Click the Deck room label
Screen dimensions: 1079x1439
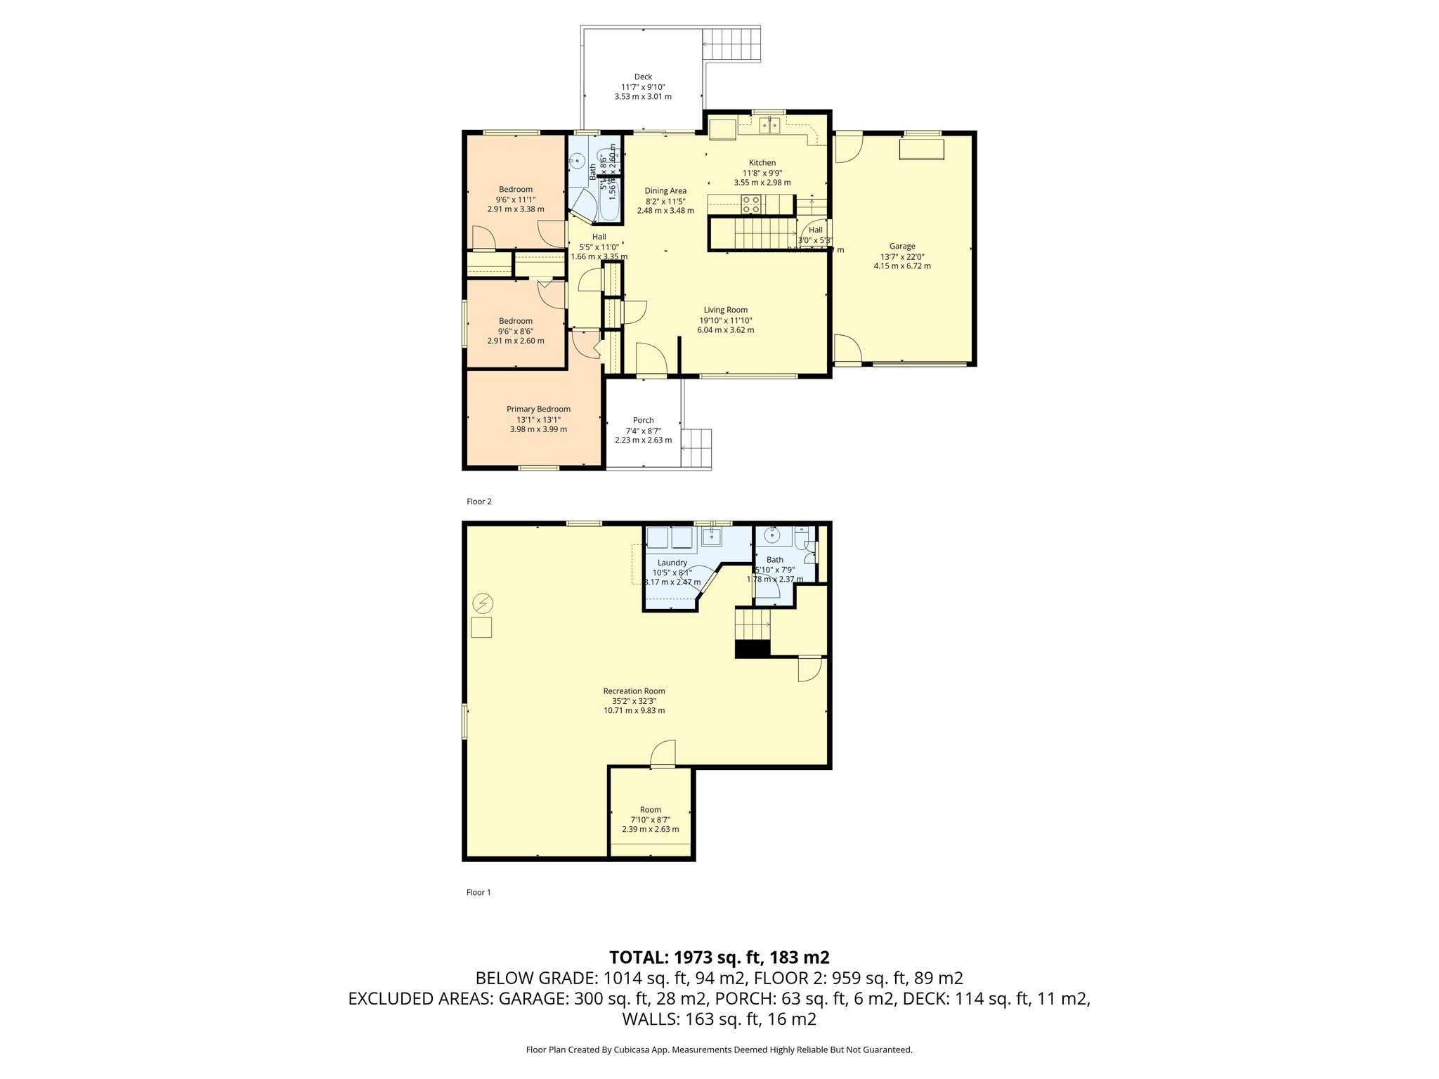643,77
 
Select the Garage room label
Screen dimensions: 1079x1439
902,247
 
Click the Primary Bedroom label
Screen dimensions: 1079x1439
538,410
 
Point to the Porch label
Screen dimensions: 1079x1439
643,420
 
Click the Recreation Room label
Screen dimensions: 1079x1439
634,691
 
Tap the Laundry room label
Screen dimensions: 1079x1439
672,563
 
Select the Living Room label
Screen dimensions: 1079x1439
726,310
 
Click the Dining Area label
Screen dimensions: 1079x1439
665,191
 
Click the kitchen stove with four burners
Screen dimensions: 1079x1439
751,204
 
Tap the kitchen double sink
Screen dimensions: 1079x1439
770,126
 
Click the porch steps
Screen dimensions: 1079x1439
697,449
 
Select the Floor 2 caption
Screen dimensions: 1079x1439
479,502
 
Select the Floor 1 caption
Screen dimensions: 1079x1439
478,893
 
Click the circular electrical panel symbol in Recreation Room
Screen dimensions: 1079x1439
483,603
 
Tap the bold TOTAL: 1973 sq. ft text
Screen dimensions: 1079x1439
719,957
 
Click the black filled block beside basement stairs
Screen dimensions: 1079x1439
753,649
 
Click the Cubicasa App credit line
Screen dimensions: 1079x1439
719,1049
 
